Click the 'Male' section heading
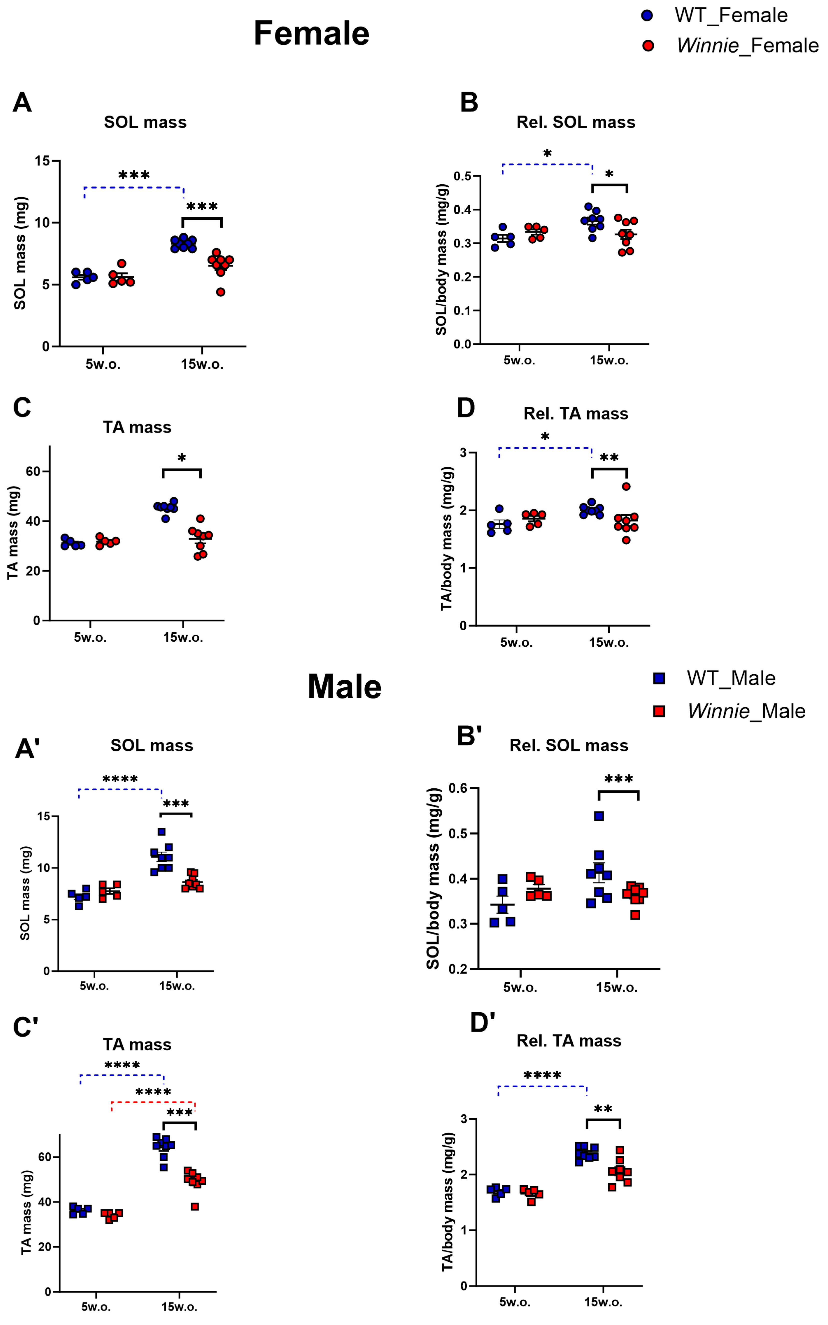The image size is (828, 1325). [344, 686]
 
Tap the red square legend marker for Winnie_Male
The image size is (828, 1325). [659, 711]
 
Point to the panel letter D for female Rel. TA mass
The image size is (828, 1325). [466, 408]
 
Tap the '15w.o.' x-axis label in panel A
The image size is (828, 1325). [202, 364]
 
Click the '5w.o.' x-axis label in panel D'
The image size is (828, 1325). [515, 1302]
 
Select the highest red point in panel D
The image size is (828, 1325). [626, 486]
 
